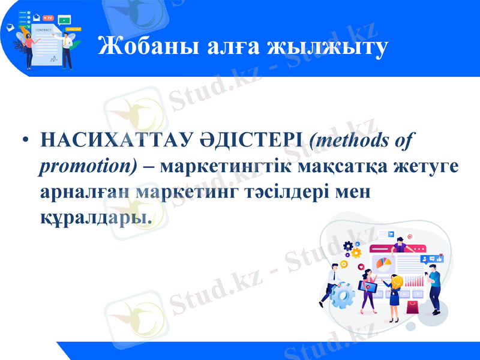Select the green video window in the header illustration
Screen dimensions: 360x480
(x=64, y=20)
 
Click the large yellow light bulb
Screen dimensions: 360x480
(x=396, y=280)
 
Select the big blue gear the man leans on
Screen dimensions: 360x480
(x=343, y=295)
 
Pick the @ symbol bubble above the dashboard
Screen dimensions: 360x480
(x=410, y=237)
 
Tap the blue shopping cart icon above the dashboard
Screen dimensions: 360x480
(x=391, y=233)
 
